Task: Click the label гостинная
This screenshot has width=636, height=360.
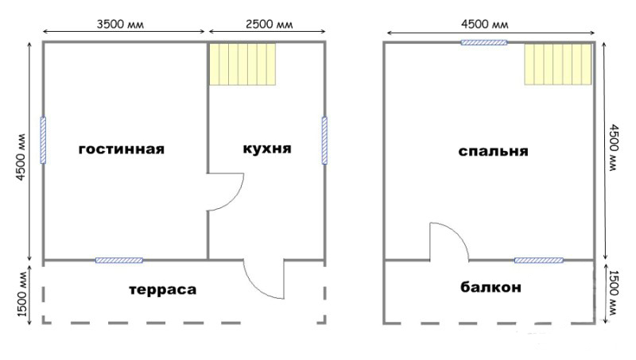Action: point(121,149)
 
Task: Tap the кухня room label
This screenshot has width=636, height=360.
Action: point(266,149)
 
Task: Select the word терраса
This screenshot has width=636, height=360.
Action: point(162,290)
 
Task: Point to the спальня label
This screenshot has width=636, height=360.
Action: point(493,150)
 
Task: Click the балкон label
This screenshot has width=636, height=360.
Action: point(491,288)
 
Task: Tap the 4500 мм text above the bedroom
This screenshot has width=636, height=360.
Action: point(484,24)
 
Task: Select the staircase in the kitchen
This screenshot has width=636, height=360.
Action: point(242,64)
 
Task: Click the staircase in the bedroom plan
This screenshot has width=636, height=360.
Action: point(558,64)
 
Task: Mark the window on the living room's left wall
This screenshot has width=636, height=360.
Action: point(43,141)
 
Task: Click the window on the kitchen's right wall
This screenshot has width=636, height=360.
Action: point(324,141)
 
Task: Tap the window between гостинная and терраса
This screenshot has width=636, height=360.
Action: point(119,260)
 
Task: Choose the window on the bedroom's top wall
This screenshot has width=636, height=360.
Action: point(484,42)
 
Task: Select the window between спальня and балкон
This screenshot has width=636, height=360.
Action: point(538,260)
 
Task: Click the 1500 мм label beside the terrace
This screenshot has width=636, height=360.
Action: point(22,295)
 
